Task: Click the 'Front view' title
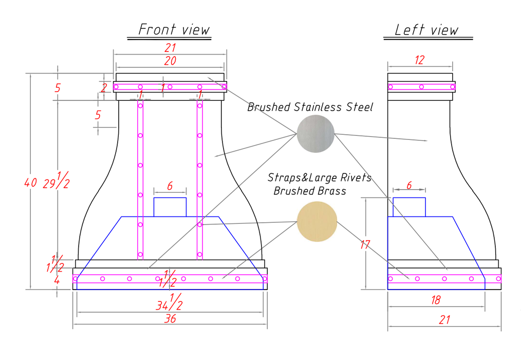(174, 29)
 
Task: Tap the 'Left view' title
(426, 30)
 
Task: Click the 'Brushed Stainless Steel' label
(310, 107)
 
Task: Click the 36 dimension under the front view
(170, 318)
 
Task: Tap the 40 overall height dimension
(31, 182)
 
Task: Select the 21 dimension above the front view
(170, 48)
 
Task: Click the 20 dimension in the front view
(170, 61)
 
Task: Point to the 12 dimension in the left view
(419, 60)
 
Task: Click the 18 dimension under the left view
(435, 300)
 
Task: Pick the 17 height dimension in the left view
(365, 245)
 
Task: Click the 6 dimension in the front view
(170, 186)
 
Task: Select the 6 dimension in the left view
(409, 185)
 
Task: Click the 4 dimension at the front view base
(57, 281)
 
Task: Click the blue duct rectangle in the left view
(409, 207)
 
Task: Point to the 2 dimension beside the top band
(104, 88)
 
